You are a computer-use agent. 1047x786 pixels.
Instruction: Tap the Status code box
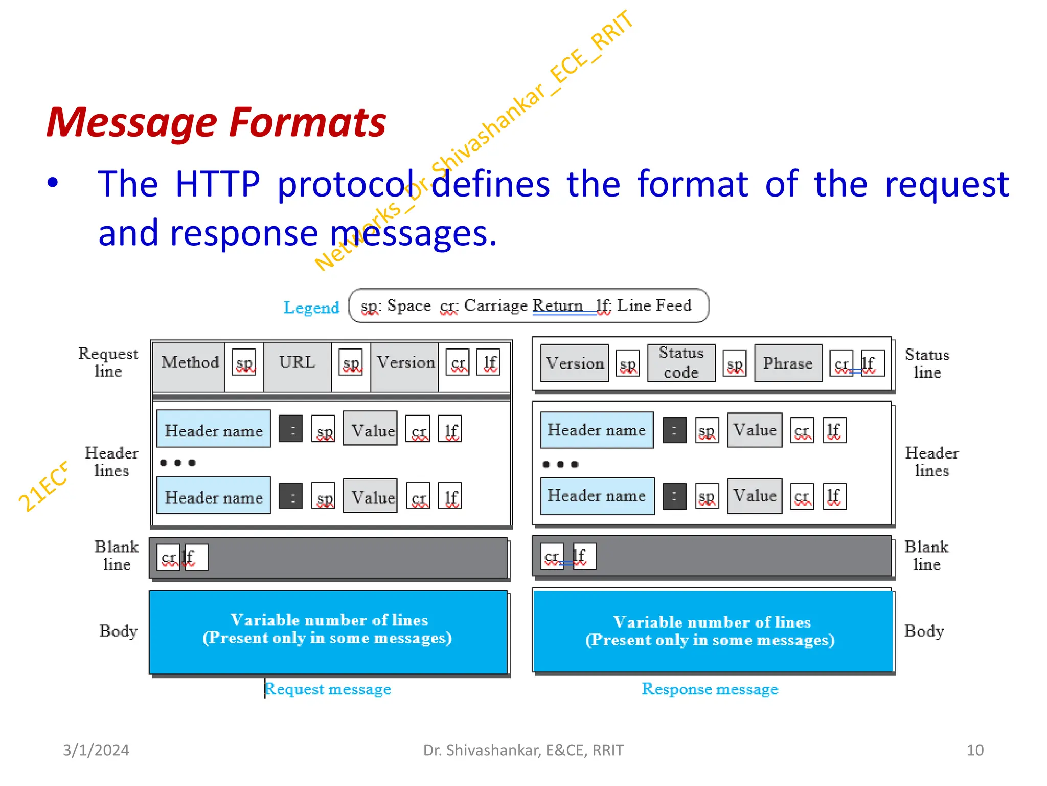[681, 363]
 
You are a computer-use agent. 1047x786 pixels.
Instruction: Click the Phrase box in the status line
[788, 363]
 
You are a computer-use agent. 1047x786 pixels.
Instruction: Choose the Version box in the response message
[575, 363]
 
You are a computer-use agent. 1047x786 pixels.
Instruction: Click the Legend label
[311, 308]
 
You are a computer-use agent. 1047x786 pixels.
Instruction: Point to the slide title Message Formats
[216, 123]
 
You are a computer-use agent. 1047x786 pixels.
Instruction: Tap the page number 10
[974, 750]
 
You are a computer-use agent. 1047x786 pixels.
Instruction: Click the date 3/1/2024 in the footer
[96, 750]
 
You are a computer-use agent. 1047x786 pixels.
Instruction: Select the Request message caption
[328, 689]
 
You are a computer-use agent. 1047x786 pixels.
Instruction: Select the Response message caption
[710, 689]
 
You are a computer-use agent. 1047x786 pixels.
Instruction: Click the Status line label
[927, 363]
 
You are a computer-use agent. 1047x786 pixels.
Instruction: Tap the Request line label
[108, 362]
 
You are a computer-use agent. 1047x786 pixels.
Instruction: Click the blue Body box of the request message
[328, 632]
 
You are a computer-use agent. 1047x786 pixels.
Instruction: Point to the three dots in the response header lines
[560, 464]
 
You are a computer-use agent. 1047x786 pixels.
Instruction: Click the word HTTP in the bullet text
[217, 184]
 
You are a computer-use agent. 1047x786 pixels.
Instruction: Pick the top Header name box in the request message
[214, 429]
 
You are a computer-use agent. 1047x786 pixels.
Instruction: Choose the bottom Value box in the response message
[754, 496]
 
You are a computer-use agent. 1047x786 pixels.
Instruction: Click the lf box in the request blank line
[196, 557]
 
